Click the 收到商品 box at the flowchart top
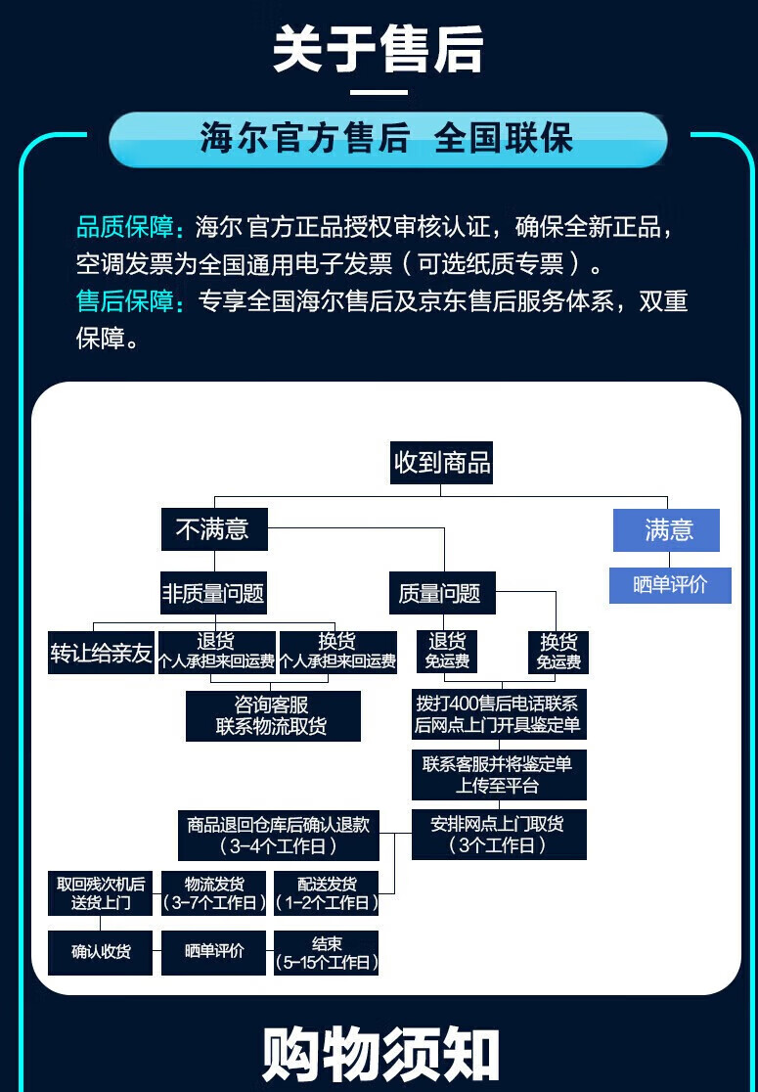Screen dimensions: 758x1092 (x=441, y=461)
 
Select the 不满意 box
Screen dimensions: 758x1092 (x=213, y=530)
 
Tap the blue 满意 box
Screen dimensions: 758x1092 (x=667, y=530)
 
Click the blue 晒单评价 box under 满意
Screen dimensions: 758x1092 (x=670, y=585)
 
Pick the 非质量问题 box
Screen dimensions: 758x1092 (x=213, y=593)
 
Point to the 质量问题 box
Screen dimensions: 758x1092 (x=440, y=593)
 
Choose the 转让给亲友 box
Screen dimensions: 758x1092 (x=102, y=653)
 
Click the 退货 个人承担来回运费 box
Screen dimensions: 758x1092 (x=216, y=652)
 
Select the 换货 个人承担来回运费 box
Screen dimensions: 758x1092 (x=337, y=652)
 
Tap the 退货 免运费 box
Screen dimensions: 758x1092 (x=447, y=652)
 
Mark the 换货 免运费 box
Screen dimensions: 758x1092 (x=558, y=653)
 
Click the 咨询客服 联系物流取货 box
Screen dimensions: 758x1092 (x=272, y=715)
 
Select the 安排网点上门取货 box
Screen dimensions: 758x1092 (x=498, y=834)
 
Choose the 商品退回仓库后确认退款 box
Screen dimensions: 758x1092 (x=278, y=835)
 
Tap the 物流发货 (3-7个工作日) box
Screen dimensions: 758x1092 (x=213, y=893)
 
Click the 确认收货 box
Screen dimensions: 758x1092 (x=100, y=952)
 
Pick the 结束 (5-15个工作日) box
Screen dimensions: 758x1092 (x=327, y=952)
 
